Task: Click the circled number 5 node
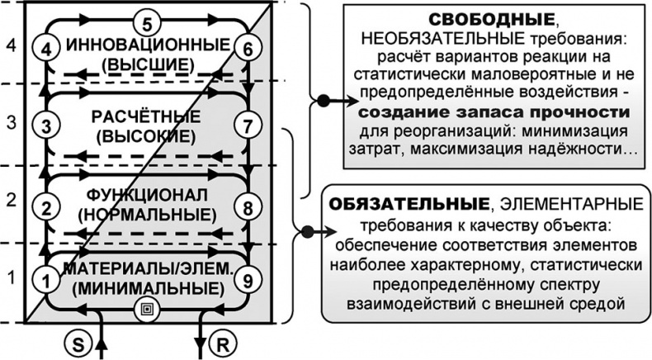tap(145, 20)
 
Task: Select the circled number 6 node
tap(247, 50)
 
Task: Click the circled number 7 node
tap(247, 126)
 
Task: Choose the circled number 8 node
tap(247, 206)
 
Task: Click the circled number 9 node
tap(247, 281)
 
